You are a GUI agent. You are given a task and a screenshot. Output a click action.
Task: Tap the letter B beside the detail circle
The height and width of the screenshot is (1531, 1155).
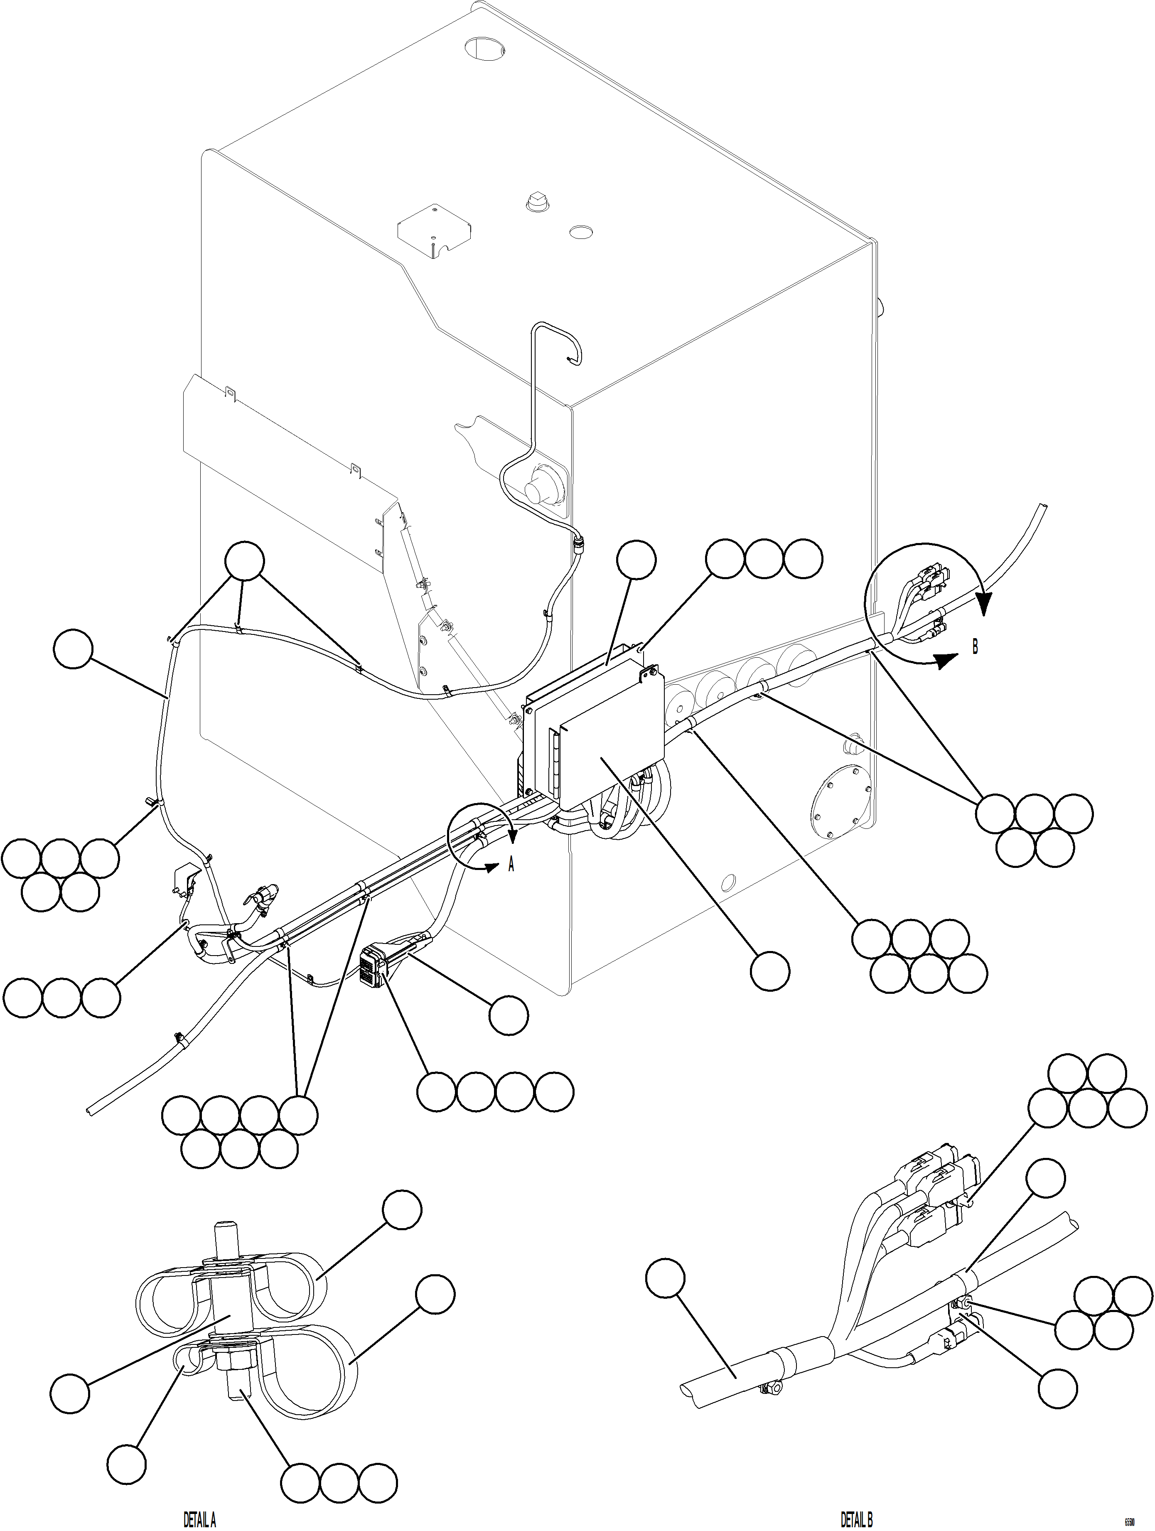[975, 648]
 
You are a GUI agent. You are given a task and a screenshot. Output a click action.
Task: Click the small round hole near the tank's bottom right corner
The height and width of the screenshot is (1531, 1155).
[728, 882]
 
